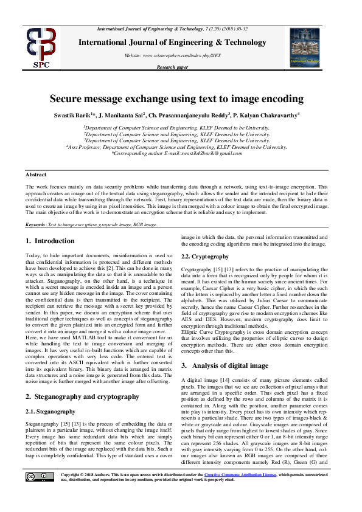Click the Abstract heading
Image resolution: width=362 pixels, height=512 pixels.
(x=36, y=173)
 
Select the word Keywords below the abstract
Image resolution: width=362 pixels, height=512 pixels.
(x=35, y=224)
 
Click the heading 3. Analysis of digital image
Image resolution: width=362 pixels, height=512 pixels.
(x=234, y=365)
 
